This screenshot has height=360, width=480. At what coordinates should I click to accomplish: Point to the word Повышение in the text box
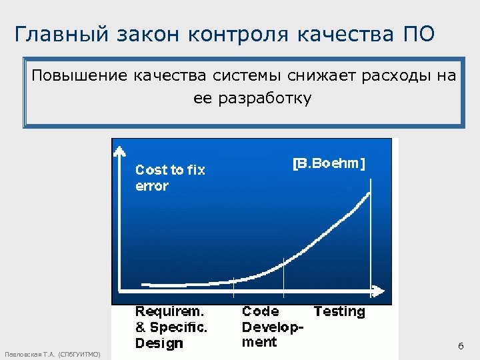click(x=79, y=75)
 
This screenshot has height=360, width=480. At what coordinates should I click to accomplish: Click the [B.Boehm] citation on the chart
click(x=329, y=163)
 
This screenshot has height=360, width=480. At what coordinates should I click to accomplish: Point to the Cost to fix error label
click(x=170, y=177)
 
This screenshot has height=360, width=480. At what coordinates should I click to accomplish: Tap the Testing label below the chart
click(x=339, y=311)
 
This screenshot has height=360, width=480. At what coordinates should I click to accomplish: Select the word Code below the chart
click(x=260, y=311)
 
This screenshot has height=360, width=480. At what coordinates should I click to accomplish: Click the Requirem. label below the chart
click(x=169, y=311)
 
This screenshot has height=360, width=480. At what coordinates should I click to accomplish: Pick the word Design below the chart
click(x=159, y=343)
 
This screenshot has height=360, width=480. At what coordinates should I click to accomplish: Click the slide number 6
click(x=460, y=346)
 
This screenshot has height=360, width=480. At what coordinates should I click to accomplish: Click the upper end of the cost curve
click(x=369, y=193)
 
